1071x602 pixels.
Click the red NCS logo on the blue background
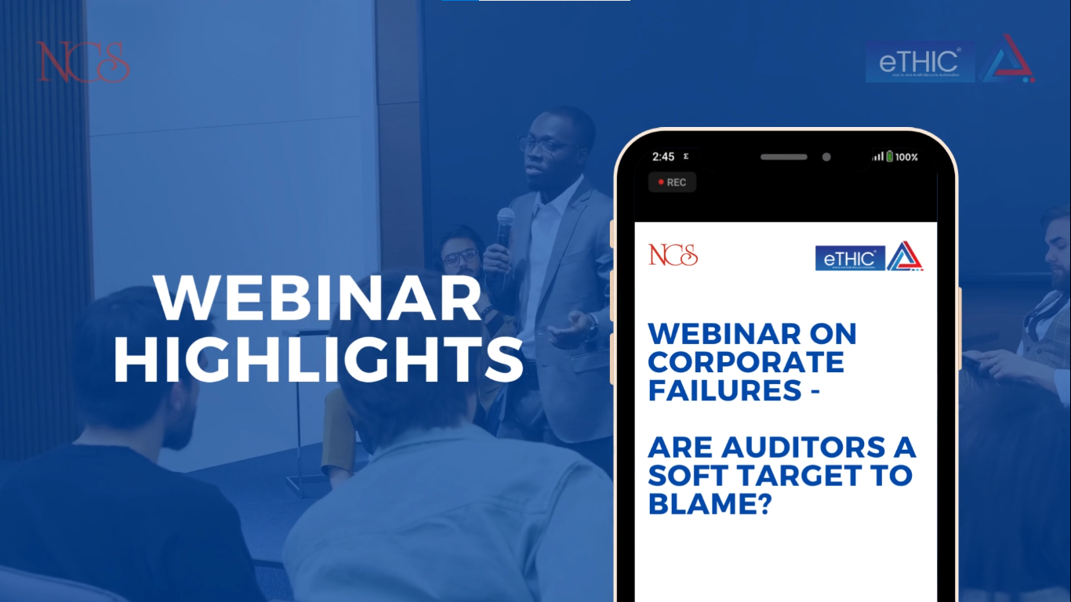click(x=82, y=63)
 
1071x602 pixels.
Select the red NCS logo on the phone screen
click(x=673, y=256)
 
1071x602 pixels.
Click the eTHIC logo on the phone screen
click(x=850, y=258)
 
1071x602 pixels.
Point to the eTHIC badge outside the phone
click(x=920, y=62)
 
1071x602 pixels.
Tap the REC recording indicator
click(x=672, y=182)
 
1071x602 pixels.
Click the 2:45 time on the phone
click(x=663, y=157)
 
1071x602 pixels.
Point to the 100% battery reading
click(x=906, y=157)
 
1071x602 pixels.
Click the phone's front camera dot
click(x=826, y=157)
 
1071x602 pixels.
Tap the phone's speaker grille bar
click(x=783, y=157)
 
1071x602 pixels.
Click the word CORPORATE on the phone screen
click(x=746, y=362)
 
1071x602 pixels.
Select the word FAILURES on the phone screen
click(x=725, y=390)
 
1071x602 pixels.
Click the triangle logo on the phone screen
click(x=905, y=256)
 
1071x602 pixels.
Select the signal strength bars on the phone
click(x=877, y=157)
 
